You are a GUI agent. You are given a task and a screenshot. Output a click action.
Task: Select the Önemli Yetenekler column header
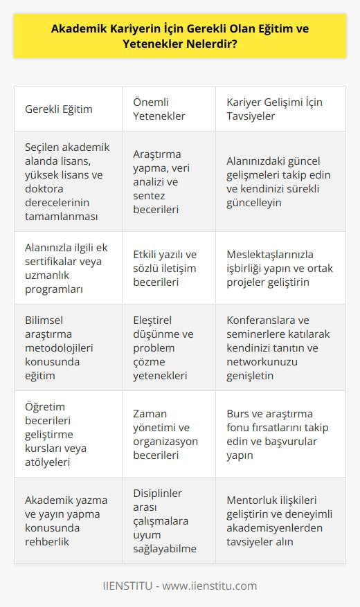click(159, 109)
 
